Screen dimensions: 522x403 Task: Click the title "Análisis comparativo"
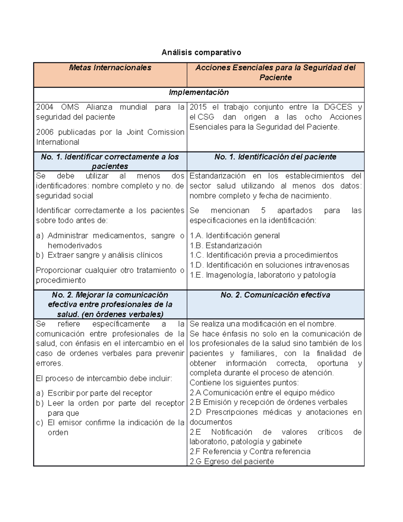(x=201, y=52)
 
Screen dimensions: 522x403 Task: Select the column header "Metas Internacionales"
(x=110, y=68)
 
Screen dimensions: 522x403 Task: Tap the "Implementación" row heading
(x=198, y=92)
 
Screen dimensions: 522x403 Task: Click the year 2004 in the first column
(x=45, y=107)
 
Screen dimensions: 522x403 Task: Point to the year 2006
(x=45, y=132)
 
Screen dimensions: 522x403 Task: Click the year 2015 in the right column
(x=198, y=107)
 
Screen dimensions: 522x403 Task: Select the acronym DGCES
(x=338, y=107)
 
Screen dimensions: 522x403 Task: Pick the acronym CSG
(x=206, y=117)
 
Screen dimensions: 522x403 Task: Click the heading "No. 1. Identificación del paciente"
(x=275, y=157)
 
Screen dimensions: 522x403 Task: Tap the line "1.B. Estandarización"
(x=225, y=245)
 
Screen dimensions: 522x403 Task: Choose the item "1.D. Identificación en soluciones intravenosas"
(x=269, y=265)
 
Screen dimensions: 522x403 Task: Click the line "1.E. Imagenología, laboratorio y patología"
(x=262, y=275)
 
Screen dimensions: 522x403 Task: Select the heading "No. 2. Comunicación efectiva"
(x=275, y=295)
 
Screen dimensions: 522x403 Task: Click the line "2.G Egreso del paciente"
(x=231, y=461)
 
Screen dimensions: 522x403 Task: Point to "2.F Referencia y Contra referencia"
(x=250, y=451)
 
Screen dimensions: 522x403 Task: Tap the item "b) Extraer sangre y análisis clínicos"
(x=99, y=255)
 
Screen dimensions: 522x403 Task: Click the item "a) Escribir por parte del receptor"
(x=94, y=393)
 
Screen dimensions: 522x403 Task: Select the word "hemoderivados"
(x=75, y=245)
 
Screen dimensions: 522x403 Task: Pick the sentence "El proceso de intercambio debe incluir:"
(x=104, y=378)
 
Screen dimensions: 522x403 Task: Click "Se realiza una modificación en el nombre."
(x=263, y=324)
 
